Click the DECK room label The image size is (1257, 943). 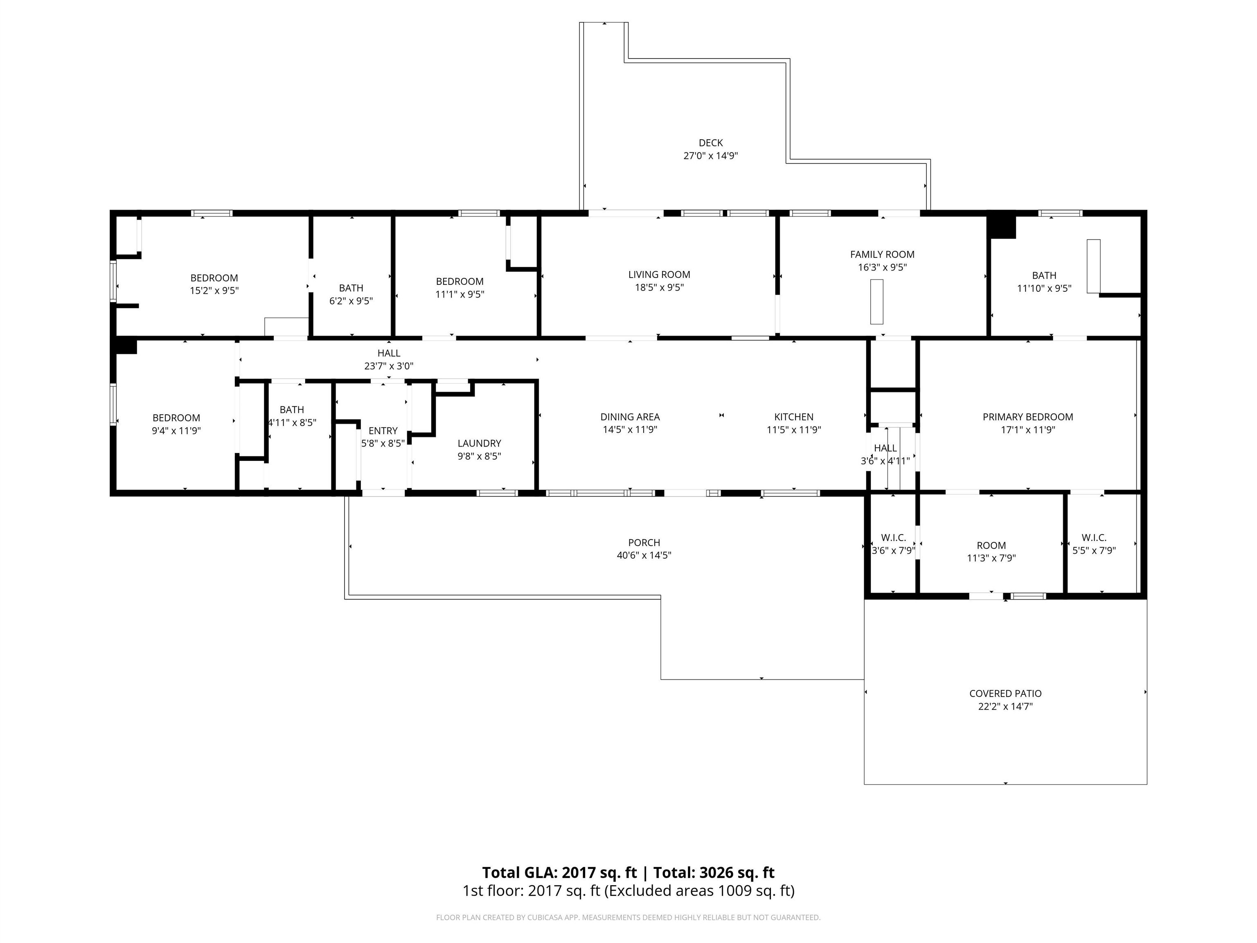[x=710, y=143]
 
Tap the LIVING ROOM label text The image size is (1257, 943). [x=659, y=275]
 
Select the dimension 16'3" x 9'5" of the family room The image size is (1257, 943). [x=882, y=268]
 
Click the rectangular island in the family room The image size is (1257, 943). [x=877, y=302]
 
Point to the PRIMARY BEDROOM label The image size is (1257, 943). [x=1027, y=417]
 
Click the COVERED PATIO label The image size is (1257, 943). [x=1005, y=693]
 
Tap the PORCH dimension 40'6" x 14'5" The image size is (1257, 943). [x=644, y=555]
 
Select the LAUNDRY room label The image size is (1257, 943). [x=479, y=443]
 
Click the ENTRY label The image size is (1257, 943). [x=383, y=431]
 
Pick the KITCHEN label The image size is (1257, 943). [x=793, y=417]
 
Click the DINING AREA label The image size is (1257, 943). [x=630, y=417]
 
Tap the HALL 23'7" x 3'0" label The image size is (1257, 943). [x=389, y=360]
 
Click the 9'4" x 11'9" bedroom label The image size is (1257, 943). [x=176, y=424]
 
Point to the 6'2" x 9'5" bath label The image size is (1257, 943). [x=351, y=294]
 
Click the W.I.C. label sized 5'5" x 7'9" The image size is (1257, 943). [x=1093, y=544]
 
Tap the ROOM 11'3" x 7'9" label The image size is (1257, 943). [x=991, y=551]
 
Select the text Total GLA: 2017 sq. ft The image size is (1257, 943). [x=559, y=873]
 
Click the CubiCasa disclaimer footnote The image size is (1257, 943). [x=628, y=918]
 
